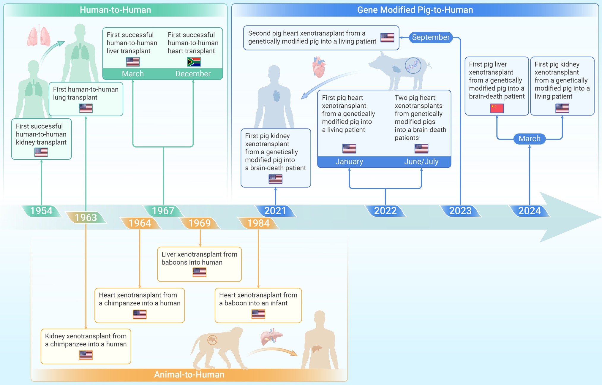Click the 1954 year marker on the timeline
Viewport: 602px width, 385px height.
click(41, 211)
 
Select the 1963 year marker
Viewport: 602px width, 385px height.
click(86, 218)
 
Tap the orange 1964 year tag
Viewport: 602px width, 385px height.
click(140, 223)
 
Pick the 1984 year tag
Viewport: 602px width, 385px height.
click(258, 223)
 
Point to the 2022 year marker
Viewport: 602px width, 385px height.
click(385, 211)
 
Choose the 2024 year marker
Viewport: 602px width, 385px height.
click(530, 211)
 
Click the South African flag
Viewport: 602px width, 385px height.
click(194, 62)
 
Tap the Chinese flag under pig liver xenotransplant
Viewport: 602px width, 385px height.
click(497, 108)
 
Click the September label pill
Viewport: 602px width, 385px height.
click(431, 37)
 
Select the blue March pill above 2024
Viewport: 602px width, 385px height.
click(530, 139)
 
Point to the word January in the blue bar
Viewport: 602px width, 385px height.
click(349, 161)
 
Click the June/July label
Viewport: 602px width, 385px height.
click(421, 161)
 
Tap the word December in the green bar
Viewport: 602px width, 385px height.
click(193, 74)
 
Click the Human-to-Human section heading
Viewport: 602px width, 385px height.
click(116, 10)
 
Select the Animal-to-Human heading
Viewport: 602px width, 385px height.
click(189, 375)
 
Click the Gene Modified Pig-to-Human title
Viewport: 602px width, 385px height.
click(415, 10)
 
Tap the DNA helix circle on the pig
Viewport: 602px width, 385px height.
click(413, 66)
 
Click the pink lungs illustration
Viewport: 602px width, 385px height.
click(39, 37)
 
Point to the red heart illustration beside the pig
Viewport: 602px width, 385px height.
click(319, 67)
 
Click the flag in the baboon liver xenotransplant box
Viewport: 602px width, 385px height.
click(200, 272)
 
